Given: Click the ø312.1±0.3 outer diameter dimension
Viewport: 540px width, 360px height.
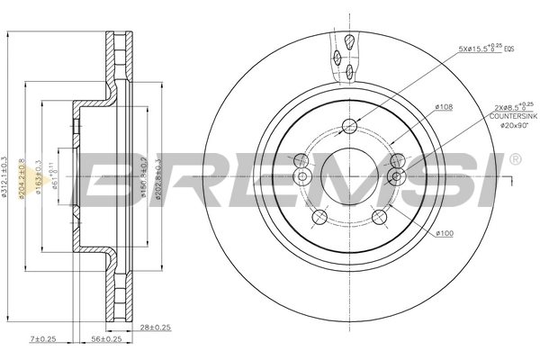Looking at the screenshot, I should tap(6, 176).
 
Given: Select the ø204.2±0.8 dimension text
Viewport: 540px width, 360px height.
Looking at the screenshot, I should tap(23, 176).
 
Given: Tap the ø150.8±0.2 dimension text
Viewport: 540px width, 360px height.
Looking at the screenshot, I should tap(145, 176).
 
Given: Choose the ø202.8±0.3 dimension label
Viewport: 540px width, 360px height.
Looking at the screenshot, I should tap(158, 176).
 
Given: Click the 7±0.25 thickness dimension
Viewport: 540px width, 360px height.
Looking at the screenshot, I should tap(42, 339).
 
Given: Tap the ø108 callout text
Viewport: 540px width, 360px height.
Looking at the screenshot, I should tap(443, 107).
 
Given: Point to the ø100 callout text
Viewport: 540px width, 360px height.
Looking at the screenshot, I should tap(443, 234).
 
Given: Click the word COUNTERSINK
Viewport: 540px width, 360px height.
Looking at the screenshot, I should tap(509, 116).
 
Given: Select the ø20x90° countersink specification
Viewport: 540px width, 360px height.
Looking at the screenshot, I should tap(509, 126).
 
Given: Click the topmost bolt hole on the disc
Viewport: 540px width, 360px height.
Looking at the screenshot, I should tap(350, 127).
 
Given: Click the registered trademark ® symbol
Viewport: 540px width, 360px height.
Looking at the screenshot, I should tap(515, 159).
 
